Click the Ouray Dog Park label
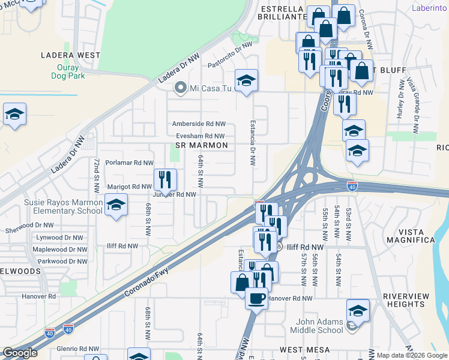click(x=79, y=71)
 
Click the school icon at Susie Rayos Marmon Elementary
click(x=116, y=205)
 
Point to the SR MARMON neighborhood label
click(x=202, y=146)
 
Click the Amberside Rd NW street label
click(x=199, y=124)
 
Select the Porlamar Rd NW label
click(x=129, y=163)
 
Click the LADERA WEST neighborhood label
click(x=70, y=55)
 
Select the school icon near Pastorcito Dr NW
click(x=246, y=80)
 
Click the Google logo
click(x=20, y=353)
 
